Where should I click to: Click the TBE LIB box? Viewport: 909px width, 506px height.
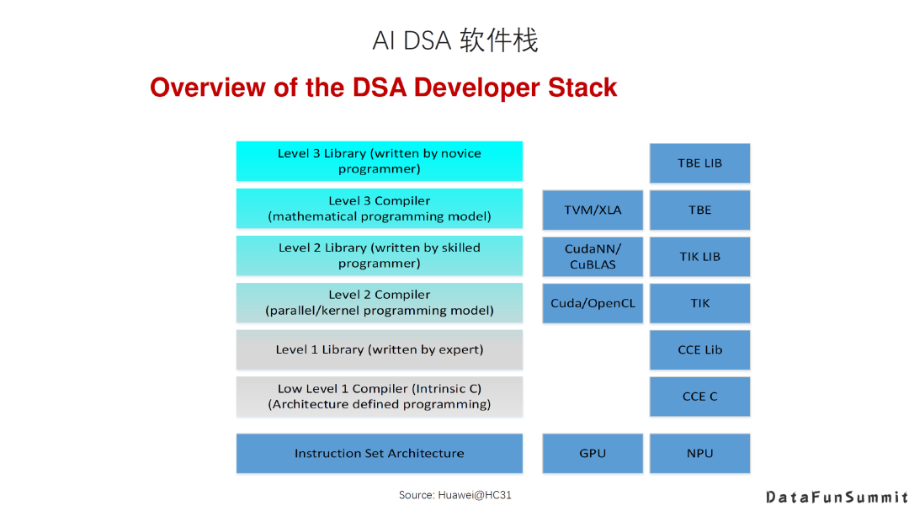[699, 162]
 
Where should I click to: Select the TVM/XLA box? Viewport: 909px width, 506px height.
[593, 210]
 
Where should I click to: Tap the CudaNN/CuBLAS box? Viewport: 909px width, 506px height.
[593, 257]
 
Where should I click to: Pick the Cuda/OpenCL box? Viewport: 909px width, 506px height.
[593, 303]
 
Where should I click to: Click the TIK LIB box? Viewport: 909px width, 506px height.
[699, 257]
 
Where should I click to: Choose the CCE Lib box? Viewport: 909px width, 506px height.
[699, 349]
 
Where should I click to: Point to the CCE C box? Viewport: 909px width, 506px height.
[699, 397]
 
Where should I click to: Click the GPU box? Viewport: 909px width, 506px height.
[593, 453]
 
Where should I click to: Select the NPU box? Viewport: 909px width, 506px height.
[699, 453]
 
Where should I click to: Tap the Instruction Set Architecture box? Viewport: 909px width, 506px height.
[379, 453]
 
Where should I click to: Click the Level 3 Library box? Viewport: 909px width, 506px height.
[379, 161]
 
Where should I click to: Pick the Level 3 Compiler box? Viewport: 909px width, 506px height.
[379, 208]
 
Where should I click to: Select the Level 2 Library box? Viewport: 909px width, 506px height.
[379, 255]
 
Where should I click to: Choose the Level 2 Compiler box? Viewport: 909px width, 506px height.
[379, 302]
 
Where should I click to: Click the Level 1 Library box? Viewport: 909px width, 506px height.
[379, 349]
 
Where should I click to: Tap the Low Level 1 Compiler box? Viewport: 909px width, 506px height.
[379, 397]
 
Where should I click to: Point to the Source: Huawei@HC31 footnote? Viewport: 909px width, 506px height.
[454, 495]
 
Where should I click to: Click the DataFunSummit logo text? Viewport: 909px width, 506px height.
[837, 497]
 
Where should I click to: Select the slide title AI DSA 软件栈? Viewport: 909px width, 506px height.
[454, 40]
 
